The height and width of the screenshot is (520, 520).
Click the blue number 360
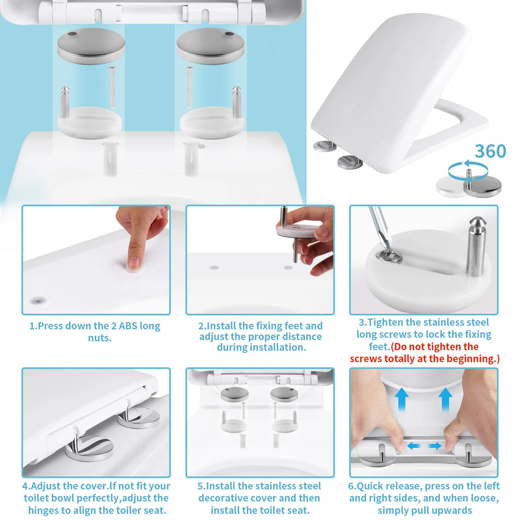[490, 151]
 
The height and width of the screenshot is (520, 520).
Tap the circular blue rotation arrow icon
[468, 170]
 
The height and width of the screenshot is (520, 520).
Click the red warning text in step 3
[423, 353]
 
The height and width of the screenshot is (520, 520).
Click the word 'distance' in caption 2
[298, 336]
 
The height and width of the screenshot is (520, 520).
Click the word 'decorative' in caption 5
[230, 498]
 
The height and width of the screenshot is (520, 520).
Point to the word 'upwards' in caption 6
[449, 510]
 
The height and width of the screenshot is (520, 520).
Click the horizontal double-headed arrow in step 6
[424, 446]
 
